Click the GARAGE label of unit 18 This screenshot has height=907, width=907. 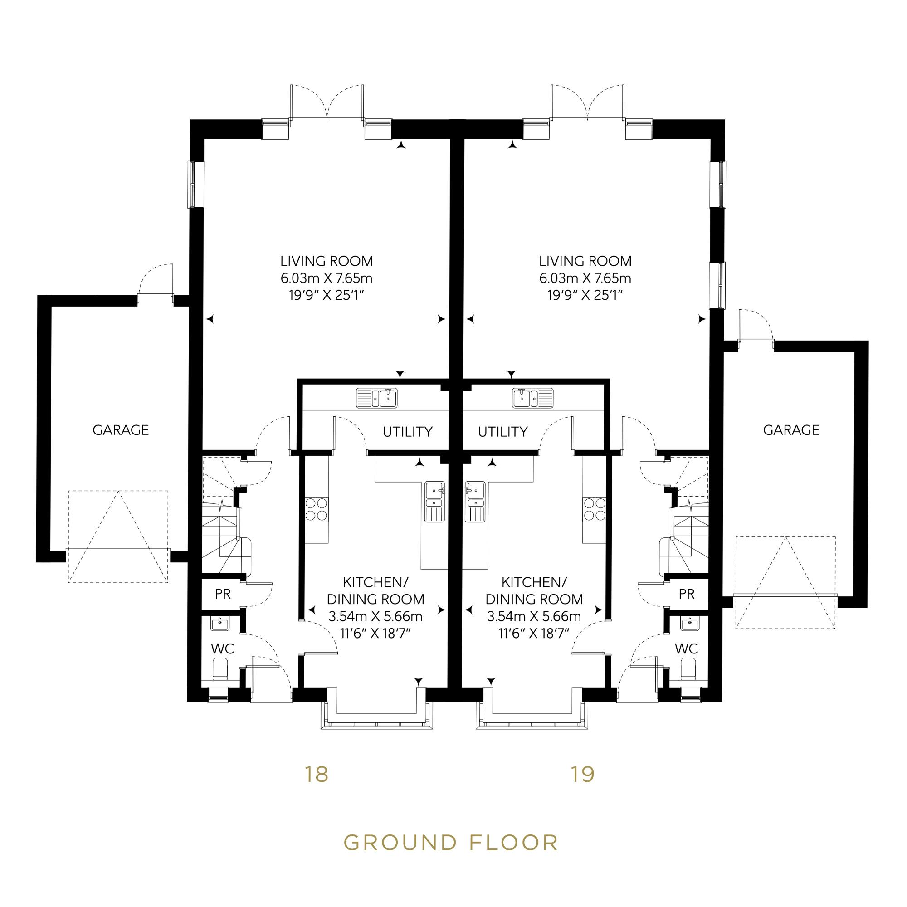(121, 430)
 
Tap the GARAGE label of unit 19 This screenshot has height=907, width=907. (791, 430)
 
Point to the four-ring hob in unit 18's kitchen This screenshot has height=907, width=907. (316, 509)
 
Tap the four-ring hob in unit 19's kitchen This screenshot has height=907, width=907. (594, 509)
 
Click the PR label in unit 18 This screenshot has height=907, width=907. (223, 594)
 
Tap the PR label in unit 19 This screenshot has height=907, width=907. (687, 594)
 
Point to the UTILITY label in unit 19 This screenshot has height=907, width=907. (503, 431)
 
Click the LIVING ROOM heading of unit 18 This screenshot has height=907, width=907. (327, 261)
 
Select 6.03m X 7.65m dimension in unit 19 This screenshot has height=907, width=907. (585, 278)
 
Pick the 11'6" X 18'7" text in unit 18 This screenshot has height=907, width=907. (375, 634)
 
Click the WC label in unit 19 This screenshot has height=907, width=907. (687, 649)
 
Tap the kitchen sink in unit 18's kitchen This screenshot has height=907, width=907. (434, 502)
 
